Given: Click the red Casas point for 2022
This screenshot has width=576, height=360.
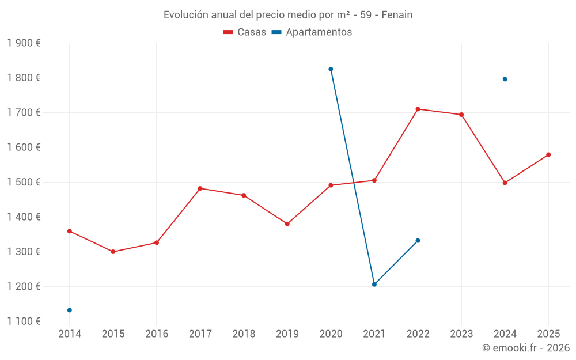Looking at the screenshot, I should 418,109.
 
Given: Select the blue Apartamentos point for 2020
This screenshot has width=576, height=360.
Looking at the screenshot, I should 331,69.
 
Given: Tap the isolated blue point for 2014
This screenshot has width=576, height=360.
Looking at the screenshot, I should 70,310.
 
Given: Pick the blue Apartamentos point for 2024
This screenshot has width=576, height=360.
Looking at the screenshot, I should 505,79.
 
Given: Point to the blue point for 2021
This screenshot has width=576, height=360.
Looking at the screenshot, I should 374,285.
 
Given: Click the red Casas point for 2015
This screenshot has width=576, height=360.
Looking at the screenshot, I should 113,252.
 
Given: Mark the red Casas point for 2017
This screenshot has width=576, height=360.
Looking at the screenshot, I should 200,188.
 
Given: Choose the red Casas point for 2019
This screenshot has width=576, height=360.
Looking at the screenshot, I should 287,223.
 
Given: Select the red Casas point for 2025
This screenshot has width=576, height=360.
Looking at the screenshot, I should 548,154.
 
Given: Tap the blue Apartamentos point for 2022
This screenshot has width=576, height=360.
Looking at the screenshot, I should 418,241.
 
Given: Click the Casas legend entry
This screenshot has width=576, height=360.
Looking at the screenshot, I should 245,32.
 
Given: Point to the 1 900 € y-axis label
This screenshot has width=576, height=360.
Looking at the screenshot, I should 24,43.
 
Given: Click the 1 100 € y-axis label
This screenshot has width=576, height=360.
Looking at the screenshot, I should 24,321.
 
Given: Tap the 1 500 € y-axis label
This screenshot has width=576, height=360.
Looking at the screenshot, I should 24,182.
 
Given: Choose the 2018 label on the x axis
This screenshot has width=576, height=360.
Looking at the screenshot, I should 244,334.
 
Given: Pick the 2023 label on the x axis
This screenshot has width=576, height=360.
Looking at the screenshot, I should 461,334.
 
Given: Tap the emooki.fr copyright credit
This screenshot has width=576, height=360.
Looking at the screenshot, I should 526,348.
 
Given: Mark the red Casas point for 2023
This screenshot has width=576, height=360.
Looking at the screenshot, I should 461,115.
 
